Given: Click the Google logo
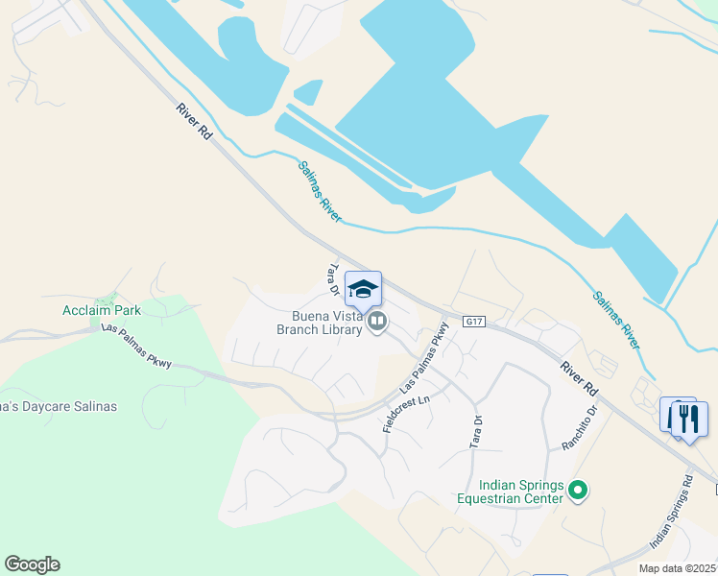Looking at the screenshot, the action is [x=32, y=564].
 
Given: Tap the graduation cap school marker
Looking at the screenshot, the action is [x=363, y=289].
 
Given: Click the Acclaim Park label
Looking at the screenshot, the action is [x=102, y=310].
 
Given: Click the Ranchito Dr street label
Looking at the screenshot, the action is [x=580, y=427].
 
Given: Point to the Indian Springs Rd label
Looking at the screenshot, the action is [x=671, y=514].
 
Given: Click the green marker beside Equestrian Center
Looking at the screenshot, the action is [x=577, y=492].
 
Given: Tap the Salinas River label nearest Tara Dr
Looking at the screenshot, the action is [x=319, y=191].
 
